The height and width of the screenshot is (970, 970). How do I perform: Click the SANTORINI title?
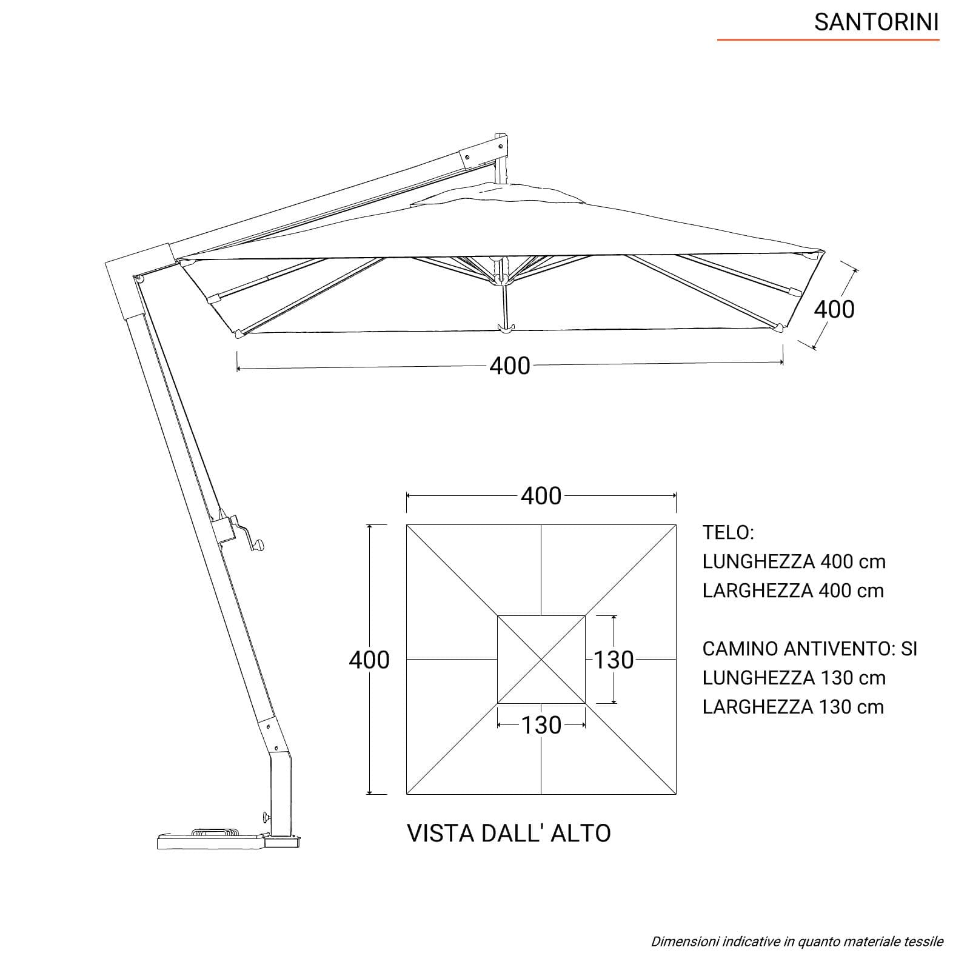tap(876, 22)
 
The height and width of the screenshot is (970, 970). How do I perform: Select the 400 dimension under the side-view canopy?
tap(510, 366)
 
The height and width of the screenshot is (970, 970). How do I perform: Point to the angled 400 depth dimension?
tap(834, 309)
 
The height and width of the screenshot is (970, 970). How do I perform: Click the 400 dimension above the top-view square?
tap(541, 496)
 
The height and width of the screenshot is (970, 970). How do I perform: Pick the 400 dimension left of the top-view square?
tap(369, 660)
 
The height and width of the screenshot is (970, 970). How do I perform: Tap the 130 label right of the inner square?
tap(614, 660)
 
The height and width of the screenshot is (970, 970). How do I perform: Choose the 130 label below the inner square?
tap(541, 725)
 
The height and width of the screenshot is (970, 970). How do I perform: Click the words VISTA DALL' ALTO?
tap(509, 834)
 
